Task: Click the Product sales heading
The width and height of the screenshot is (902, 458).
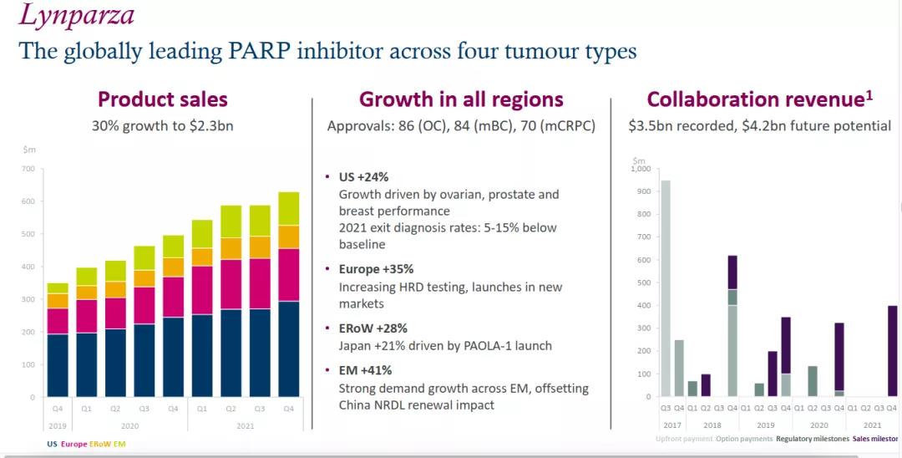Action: (x=162, y=99)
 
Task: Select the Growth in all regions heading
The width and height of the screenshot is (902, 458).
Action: (x=461, y=99)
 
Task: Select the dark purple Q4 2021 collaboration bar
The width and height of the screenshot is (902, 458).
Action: (x=892, y=351)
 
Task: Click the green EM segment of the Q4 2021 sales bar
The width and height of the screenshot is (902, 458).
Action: (x=288, y=208)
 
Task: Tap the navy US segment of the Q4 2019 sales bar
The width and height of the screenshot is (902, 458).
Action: (x=58, y=365)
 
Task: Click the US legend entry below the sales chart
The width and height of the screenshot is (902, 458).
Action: (x=52, y=444)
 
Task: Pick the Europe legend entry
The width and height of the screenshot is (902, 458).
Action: (x=73, y=444)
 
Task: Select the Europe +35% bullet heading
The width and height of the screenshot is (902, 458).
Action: (x=376, y=269)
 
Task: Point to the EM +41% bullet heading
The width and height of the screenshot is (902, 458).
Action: (x=365, y=370)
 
